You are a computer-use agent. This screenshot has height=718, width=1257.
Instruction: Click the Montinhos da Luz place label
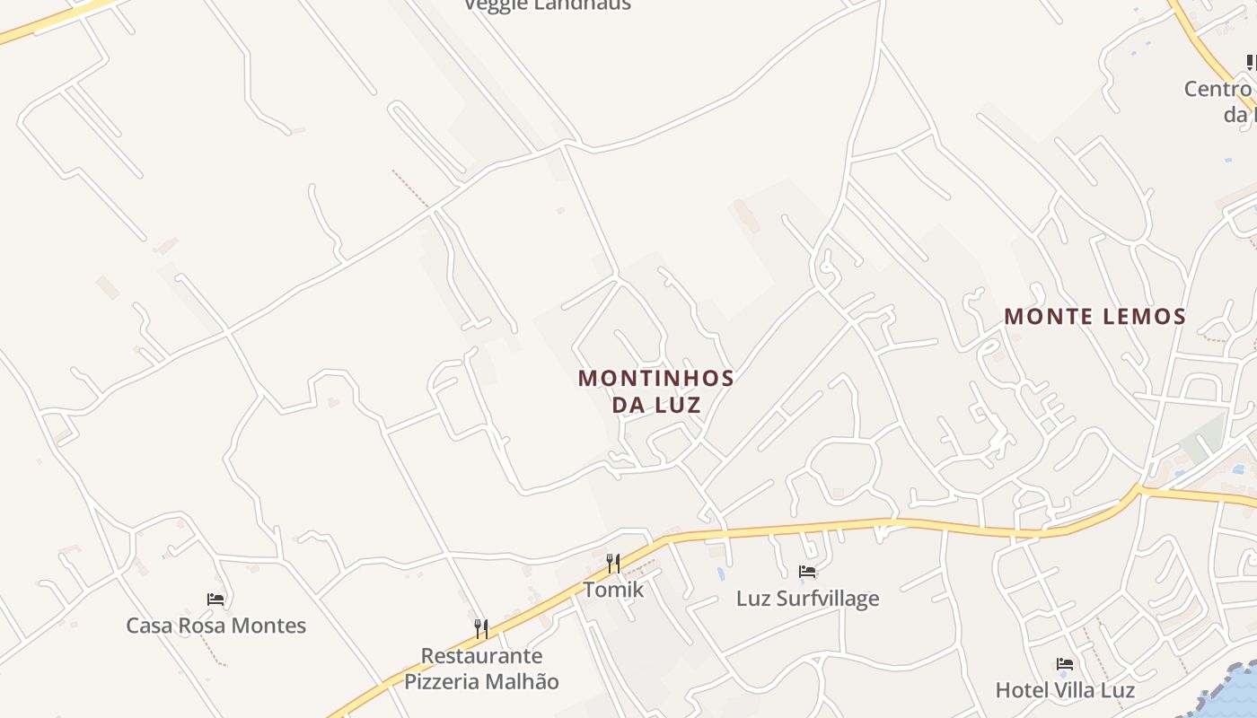[656, 391]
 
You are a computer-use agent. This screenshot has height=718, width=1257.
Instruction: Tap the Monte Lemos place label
[1094, 317]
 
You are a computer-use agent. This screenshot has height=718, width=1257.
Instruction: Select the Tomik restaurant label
[613, 590]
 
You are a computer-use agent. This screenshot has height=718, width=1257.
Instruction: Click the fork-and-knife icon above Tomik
[613, 564]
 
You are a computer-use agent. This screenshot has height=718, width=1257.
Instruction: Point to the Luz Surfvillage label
[807, 599]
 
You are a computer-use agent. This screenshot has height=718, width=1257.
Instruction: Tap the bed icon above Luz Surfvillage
[807, 572]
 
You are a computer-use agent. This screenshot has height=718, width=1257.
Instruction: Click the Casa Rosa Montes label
[215, 626]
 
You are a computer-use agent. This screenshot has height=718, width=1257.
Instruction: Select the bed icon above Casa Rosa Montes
[215, 600]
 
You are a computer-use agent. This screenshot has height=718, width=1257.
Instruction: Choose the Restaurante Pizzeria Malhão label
[481, 669]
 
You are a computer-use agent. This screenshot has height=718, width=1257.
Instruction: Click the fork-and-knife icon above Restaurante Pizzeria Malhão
[481, 629]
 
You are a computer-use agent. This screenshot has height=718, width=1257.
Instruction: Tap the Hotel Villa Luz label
[1065, 690]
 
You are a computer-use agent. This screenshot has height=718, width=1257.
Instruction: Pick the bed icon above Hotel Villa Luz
[1065, 665]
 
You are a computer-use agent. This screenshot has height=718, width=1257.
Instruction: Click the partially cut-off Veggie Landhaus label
[547, 5]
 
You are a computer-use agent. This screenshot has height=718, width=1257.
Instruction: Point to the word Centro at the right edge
[1217, 90]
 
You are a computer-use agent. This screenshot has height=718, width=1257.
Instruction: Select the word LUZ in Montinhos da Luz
[678, 405]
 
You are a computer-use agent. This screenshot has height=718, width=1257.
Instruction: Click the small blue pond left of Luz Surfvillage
[721, 573]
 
